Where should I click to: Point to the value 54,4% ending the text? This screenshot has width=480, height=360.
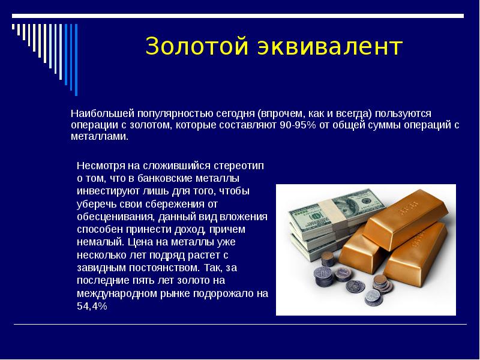[92, 306]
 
